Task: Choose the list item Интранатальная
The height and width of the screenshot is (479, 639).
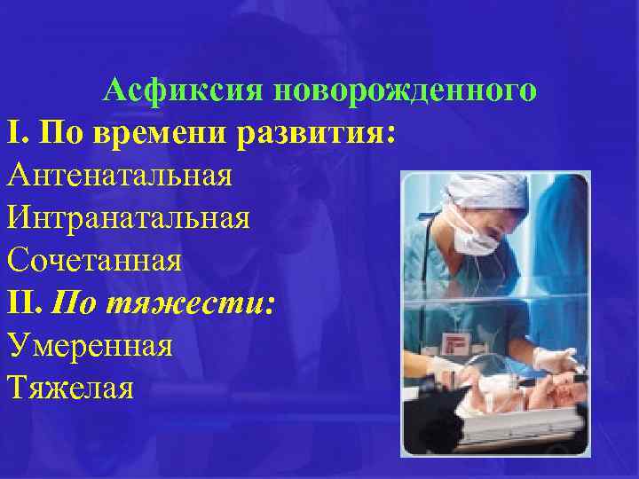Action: pyautogui.click(x=128, y=217)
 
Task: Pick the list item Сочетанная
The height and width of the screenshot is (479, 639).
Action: pyautogui.click(x=94, y=260)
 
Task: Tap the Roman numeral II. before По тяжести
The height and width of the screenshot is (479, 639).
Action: pyautogui.click(x=26, y=302)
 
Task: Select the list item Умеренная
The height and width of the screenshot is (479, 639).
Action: pyautogui.click(x=90, y=345)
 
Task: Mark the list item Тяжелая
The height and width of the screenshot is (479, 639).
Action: pyautogui.click(x=70, y=388)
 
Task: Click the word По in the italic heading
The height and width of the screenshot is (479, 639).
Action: pyautogui.click(x=74, y=302)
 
